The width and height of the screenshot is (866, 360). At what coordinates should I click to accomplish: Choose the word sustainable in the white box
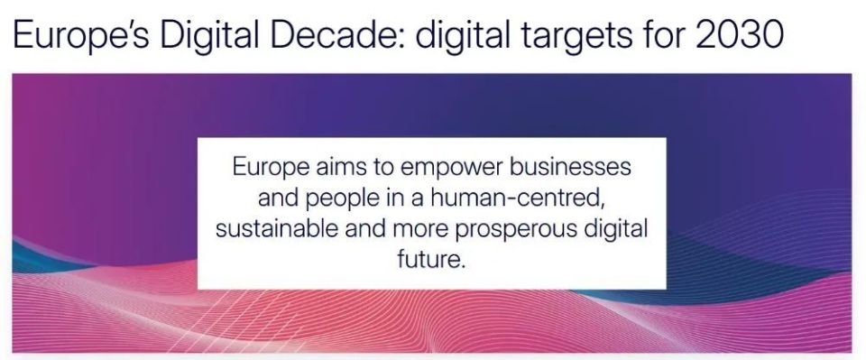coord(277,229)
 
